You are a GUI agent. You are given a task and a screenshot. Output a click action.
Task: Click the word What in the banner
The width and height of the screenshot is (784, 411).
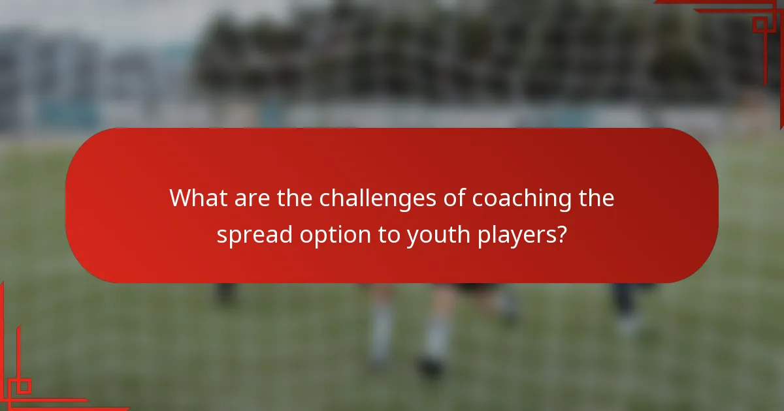(x=196, y=198)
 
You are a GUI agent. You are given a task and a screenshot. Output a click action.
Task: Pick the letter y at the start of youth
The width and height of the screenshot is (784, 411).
(x=412, y=236)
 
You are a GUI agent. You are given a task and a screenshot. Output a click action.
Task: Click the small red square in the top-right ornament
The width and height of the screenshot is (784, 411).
(x=759, y=25)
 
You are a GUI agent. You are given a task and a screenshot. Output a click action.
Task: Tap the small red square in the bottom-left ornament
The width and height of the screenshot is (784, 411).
(x=23, y=386)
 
